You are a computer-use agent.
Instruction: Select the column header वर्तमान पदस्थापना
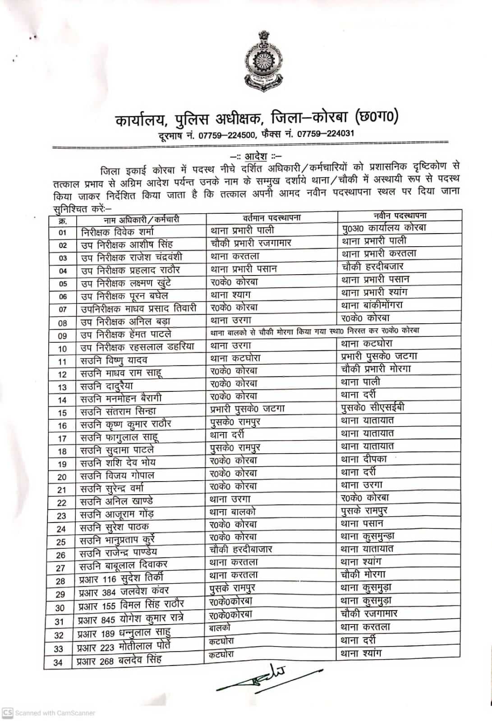coord(271,218)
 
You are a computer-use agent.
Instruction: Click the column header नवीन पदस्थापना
coord(400,216)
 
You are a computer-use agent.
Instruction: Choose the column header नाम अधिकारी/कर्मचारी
coord(141,220)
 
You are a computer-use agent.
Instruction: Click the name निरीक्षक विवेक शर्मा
coord(117,233)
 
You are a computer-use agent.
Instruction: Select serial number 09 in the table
coord(62,336)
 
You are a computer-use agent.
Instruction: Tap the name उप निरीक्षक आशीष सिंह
coord(127,245)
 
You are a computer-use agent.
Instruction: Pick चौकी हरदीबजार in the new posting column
coord(372,266)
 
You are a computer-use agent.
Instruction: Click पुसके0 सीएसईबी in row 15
coord(373,408)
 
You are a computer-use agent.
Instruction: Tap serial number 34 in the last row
coord(58,662)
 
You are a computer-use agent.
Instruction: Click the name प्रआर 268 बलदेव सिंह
coord(120,661)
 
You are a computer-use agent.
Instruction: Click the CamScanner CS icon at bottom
coord(8,713)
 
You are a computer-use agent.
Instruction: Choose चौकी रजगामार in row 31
coord(369,614)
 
